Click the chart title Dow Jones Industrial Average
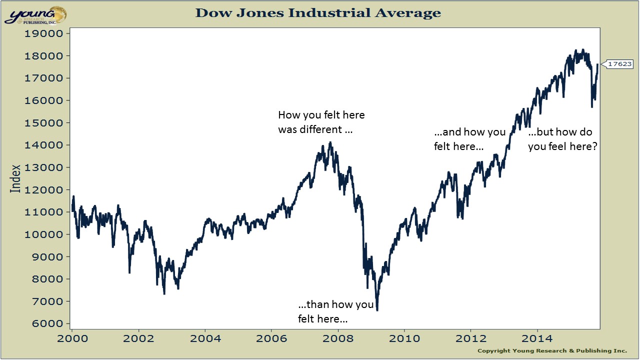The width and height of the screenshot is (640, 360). [318, 12]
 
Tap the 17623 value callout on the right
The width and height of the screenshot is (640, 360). [619, 64]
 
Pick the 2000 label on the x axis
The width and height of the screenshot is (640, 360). [72, 338]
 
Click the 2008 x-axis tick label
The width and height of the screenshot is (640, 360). [338, 338]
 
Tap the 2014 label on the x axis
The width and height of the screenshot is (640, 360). [537, 338]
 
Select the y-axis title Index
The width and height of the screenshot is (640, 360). [16, 178]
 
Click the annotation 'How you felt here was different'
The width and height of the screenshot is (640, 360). [321, 122]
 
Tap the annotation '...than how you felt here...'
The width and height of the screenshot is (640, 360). [335, 311]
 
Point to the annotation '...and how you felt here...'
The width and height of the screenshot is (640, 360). [469, 139]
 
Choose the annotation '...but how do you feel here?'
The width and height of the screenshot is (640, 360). [562, 139]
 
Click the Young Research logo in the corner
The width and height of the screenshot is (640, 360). [35, 15]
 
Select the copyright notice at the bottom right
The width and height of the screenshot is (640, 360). [552, 350]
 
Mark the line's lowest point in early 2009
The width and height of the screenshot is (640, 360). [377, 310]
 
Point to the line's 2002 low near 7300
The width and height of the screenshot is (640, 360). [164, 293]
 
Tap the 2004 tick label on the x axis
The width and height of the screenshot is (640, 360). [205, 338]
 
